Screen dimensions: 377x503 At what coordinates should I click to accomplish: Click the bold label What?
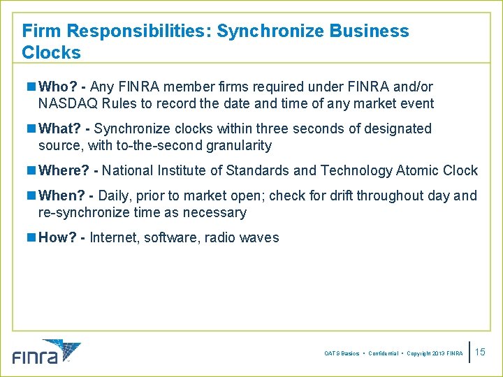pyautogui.click(x=61, y=129)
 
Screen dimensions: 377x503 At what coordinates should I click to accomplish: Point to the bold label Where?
pyautogui.click(x=66, y=171)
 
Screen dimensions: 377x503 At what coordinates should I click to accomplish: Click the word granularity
pyautogui.click(x=238, y=146)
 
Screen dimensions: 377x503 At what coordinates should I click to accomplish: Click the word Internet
pyautogui.click(x=115, y=238)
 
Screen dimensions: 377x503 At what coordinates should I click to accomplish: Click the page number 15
pyautogui.click(x=480, y=353)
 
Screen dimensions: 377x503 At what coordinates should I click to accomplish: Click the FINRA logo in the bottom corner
pyautogui.click(x=46, y=352)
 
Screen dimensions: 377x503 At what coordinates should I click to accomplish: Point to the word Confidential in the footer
pyautogui.click(x=383, y=354)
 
